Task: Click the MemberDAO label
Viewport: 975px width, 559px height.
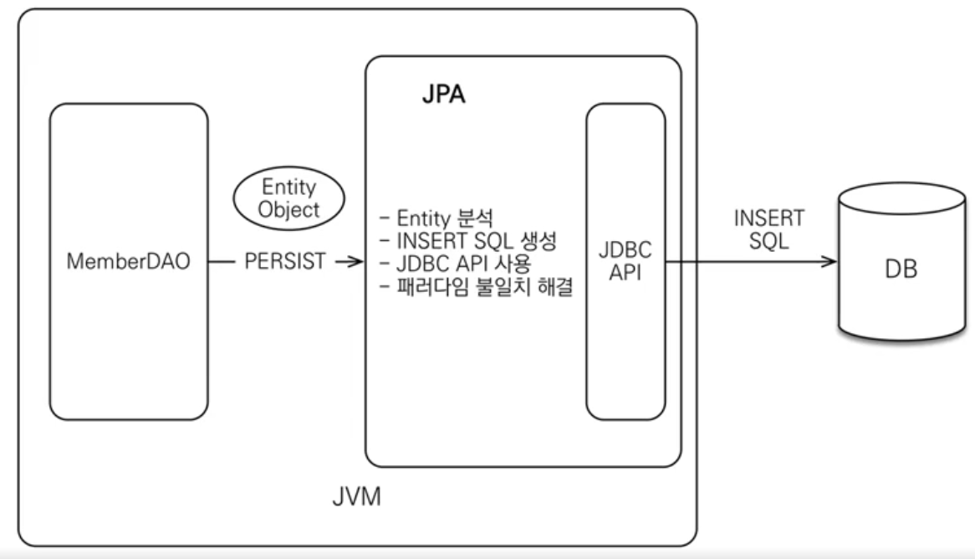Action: click(x=128, y=261)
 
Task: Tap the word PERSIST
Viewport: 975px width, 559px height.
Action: click(x=285, y=261)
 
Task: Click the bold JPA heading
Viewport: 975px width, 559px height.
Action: click(x=443, y=95)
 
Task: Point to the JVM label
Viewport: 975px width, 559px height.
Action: click(x=356, y=497)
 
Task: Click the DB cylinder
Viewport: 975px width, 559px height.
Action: click(x=901, y=261)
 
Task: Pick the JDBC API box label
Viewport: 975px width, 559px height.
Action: click(x=625, y=261)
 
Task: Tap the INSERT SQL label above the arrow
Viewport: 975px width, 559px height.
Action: click(x=769, y=229)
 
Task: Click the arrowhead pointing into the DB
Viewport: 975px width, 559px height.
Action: click(x=830, y=261)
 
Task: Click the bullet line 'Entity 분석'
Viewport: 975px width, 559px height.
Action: click(x=436, y=218)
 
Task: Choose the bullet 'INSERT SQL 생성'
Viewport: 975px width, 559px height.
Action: click(x=468, y=241)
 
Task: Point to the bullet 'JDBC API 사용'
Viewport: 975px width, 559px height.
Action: click(x=455, y=264)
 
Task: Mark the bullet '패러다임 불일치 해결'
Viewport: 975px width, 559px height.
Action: click(x=477, y=286)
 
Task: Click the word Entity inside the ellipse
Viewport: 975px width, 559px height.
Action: click(x=289, y=187)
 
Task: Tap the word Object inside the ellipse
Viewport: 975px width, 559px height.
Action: click(x=288, y=210)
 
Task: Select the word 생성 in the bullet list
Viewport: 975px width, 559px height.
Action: click(x=539, y=241)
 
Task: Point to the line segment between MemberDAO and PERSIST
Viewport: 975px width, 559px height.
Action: click(x=222, y=261)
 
